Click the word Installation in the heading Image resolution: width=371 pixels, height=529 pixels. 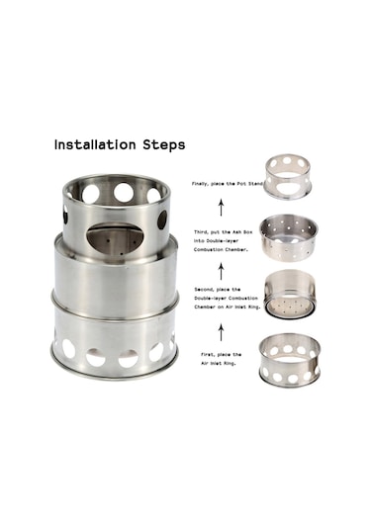tap(95, 144)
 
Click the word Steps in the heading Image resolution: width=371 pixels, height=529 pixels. tap(164, 145)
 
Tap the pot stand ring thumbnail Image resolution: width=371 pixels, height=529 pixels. tap(287, 177)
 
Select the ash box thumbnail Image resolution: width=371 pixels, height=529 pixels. tap(289, 237)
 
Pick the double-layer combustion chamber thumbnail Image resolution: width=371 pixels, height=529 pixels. tap(290, 295)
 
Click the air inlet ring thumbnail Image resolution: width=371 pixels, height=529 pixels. tap(290, 360)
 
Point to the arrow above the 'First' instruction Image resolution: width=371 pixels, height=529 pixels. tap(221, 332)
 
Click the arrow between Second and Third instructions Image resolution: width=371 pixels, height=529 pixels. tap(221, 272)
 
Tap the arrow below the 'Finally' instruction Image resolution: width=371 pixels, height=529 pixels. tap(221, 207)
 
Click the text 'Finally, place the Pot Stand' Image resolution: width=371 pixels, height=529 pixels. tap(228, 184)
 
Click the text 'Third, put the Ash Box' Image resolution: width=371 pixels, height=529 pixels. tap(223, 232)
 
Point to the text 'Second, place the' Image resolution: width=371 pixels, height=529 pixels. tap(218, 290)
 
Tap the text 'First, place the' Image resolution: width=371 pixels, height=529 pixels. tap(221, 355)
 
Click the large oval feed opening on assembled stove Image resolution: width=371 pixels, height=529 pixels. tap(115, 239)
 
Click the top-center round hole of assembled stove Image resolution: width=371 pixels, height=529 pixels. tap(124, 193)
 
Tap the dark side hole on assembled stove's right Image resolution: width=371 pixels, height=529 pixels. tap(162, 220)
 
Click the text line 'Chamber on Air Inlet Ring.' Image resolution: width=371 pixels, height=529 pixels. tap(227, 307)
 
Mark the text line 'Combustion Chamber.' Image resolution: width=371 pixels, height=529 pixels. tap(221, 249)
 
